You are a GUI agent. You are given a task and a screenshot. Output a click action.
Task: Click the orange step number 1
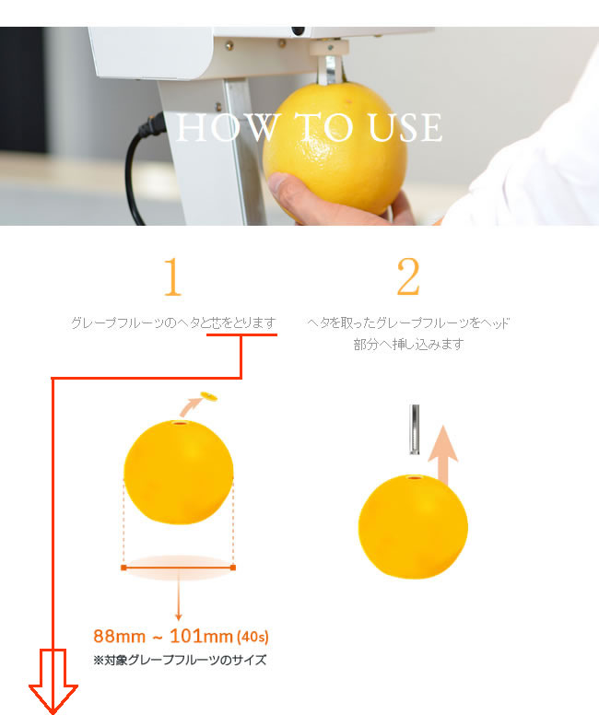click(x=172, y=276)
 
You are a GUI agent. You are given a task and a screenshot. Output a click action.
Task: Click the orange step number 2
click(x=408, y=276)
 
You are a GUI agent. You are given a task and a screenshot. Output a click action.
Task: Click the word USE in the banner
click(x=405, y=127)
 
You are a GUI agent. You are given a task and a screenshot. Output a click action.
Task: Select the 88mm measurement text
click(x=119, y=636)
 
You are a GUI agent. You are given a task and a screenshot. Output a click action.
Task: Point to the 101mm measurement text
click(x=201, y=636)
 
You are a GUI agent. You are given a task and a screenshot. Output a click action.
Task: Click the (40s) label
click(x=253, y=637)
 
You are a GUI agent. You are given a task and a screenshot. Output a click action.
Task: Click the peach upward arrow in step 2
click(x=443, y=455)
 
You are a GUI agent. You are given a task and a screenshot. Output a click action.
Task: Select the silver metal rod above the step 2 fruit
click(x=415, y=429)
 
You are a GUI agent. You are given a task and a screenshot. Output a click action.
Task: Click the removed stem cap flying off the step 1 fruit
click(x=209, y=396)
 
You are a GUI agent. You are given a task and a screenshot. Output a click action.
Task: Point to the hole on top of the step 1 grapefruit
click(x=181, y=424)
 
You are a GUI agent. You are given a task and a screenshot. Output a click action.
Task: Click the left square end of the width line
click(x=123, y=568)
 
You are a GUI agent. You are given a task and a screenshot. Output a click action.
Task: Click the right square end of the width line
click(x=233, y=568)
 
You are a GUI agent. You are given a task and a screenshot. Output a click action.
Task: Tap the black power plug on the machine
click(x=153, y=126)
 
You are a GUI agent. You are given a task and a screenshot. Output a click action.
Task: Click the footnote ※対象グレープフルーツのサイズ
click(x=180, y=660)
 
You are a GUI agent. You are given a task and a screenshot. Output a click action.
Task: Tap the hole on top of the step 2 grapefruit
click(x=415, y=477)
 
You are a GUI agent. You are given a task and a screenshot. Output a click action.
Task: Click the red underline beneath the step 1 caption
click(x=241, y=334)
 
